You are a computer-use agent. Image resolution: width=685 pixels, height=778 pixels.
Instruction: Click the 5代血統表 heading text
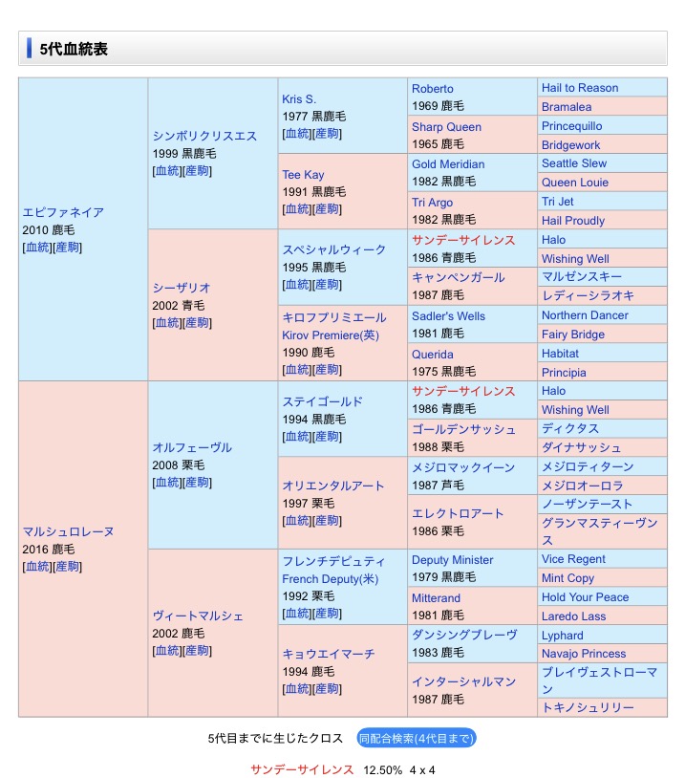(x=74, y=48)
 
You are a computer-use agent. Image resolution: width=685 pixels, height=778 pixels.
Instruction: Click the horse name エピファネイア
(x=63, y=212)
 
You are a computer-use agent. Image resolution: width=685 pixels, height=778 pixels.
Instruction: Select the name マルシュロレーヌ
(x=68, y=531)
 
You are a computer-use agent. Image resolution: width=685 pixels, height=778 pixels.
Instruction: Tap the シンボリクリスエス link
(x=204, y=136)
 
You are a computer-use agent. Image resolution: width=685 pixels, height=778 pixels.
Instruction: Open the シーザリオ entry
(x=182, y=288)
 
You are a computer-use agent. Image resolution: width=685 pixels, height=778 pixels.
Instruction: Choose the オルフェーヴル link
(x=192, y=447)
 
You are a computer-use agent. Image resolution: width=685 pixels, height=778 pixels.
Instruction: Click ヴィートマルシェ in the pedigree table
(x=198, y=616)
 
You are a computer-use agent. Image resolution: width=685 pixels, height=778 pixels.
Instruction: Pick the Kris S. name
(x=299, y=99)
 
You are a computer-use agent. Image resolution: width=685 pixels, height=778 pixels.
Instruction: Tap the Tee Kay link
(x=303, y=175)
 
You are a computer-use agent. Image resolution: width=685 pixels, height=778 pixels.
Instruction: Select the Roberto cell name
(x=433, y=89)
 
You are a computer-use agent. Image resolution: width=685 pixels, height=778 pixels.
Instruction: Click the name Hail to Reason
(x=580, y=88)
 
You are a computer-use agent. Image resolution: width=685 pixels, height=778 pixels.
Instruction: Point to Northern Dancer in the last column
(x=585, y=315)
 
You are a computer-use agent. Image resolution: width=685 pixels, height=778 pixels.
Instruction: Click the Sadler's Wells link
(x=448, y=316)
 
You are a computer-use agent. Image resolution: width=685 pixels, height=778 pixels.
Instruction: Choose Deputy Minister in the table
(x=453, y=560)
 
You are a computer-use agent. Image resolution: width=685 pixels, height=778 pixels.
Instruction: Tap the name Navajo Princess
(x=584, y=654)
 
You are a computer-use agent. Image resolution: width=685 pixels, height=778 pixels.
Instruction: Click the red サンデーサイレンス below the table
(x=302, y=769)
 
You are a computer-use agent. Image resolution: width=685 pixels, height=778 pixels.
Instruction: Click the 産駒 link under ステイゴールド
(x=327, y=437)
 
